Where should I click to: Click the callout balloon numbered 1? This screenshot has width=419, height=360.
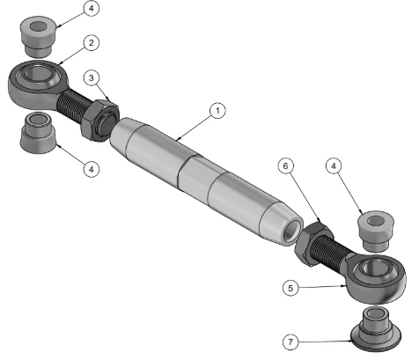(217, 111)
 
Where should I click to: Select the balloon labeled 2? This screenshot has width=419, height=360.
(92, 43)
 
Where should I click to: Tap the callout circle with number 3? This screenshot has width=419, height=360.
(92, 78)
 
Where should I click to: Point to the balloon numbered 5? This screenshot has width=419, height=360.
(290, 288)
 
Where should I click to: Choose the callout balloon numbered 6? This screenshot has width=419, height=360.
(285, 166)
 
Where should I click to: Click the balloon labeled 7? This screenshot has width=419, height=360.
(290, 342)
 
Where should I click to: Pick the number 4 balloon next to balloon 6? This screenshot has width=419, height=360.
(334, 166)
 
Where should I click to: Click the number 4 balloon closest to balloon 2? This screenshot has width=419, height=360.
(92, 8)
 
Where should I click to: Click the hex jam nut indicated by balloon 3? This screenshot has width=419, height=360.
(99, 121)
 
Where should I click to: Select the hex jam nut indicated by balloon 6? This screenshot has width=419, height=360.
(314, 244)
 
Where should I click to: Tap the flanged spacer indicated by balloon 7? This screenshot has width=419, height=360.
(376, 328)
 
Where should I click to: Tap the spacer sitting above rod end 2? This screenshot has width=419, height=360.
(38, 36)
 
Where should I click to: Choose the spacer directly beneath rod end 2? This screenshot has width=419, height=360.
(38, 133)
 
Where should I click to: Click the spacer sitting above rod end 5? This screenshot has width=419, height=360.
(375, 231)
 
